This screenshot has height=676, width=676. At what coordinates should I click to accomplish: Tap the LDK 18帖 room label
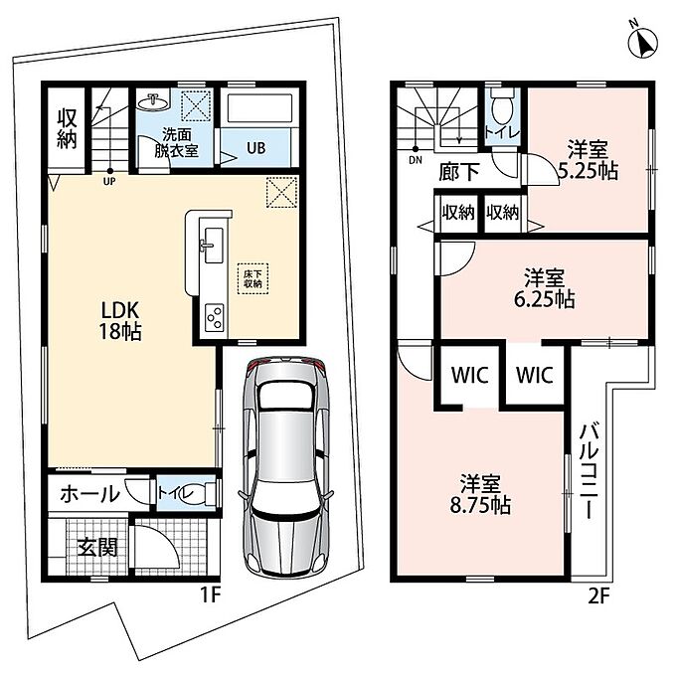(x=120, y=320)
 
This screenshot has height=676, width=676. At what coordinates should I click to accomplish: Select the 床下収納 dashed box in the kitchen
(x=253, y=279)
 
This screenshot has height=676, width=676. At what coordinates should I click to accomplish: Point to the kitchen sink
(x=214, y=245)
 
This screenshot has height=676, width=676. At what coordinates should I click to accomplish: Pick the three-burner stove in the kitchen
(x=215, y=318)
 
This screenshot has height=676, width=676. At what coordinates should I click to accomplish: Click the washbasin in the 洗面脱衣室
(x=153, y=102)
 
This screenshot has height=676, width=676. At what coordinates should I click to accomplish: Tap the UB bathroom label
(x=256, y=148)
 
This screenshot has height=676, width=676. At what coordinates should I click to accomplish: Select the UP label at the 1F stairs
(x=109, y=182)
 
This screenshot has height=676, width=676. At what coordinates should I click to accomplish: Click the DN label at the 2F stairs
(x=416, y=160)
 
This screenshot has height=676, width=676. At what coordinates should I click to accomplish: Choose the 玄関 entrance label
(x=97, y=548)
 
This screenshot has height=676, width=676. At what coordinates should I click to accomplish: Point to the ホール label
(x=90, y=494)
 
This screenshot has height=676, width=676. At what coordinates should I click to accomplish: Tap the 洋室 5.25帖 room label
(x=589, y=160)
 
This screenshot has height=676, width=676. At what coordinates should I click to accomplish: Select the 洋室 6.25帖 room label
(x=545, y=288)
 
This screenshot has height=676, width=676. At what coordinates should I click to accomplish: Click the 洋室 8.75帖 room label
(x=480, y=494)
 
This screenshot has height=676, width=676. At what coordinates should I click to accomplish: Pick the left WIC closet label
(x=470, y=375)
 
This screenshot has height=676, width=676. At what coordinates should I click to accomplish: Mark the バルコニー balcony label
(x=590, y=471)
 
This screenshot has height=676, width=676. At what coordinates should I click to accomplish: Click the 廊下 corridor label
(x=459, y=172)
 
